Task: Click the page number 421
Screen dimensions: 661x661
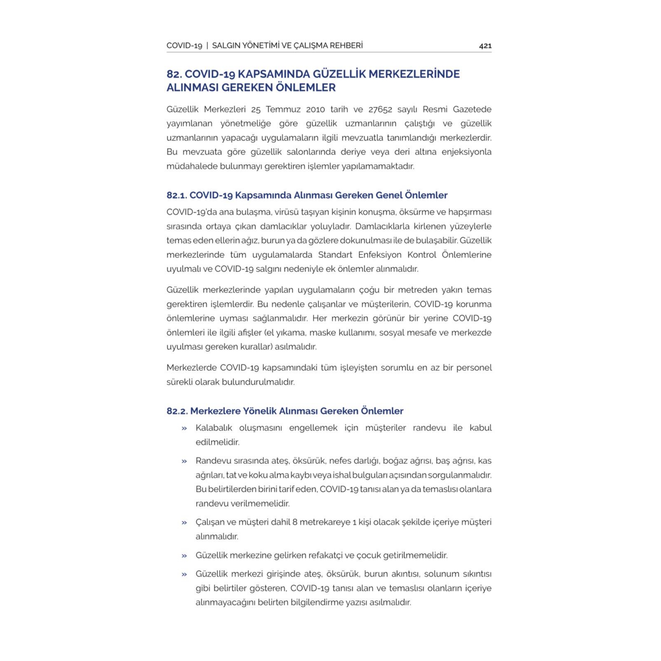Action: pyautogui.click(x=485, y=46)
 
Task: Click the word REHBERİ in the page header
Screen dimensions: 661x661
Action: pyautogui.click(x=346, y=46)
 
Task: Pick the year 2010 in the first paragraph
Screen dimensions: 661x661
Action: pyautogui.click(x=315, y=109)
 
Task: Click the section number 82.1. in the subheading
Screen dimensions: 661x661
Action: pyautogui.click(x=177, y=195)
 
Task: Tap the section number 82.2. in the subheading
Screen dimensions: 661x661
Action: pyautogui.click(x=177, y=411)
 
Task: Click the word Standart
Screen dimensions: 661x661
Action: pyautogui.click(x=335, y=255)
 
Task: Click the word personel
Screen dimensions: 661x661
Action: pyautogui.click(x=474, y=368)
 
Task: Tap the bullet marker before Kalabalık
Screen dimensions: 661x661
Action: pyautogui.click(x=184, y=428)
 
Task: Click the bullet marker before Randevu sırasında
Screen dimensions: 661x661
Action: pyautogui.click(x=184, y=461)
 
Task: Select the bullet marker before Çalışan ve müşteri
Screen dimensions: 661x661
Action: pyautogui.click(x=184, y=523)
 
